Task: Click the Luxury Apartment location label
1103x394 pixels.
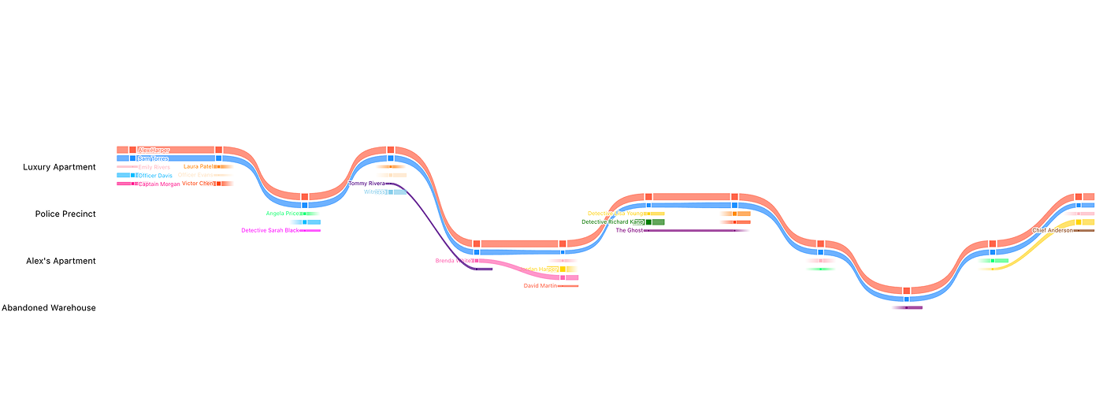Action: point(59,167)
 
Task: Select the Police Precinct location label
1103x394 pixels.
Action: point(65,214)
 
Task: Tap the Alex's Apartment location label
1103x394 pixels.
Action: point(61,261)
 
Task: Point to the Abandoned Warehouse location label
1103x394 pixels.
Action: point(49,308)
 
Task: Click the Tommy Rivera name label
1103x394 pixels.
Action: point(366,184)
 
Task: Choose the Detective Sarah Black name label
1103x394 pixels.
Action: point(270,231)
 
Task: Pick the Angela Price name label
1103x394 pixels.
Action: point(283,214)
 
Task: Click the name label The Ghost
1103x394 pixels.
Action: point(629,231)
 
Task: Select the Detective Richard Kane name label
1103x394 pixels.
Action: point(613,222)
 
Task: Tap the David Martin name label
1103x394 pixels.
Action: point(540,286)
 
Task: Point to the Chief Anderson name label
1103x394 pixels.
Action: point(1053,231)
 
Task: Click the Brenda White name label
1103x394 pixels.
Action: point(454,261)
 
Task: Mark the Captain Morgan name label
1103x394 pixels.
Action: point(159,184)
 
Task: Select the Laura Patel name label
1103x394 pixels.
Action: point(199,167)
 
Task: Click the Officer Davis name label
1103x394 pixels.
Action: point(154,176)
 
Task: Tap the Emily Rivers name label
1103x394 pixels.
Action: point(154,167)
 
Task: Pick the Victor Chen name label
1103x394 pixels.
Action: point(198,184)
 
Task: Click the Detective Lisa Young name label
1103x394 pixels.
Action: point(616,214)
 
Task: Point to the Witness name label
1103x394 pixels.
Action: point(375,192)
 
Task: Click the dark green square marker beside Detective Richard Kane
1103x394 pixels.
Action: point(648,222)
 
